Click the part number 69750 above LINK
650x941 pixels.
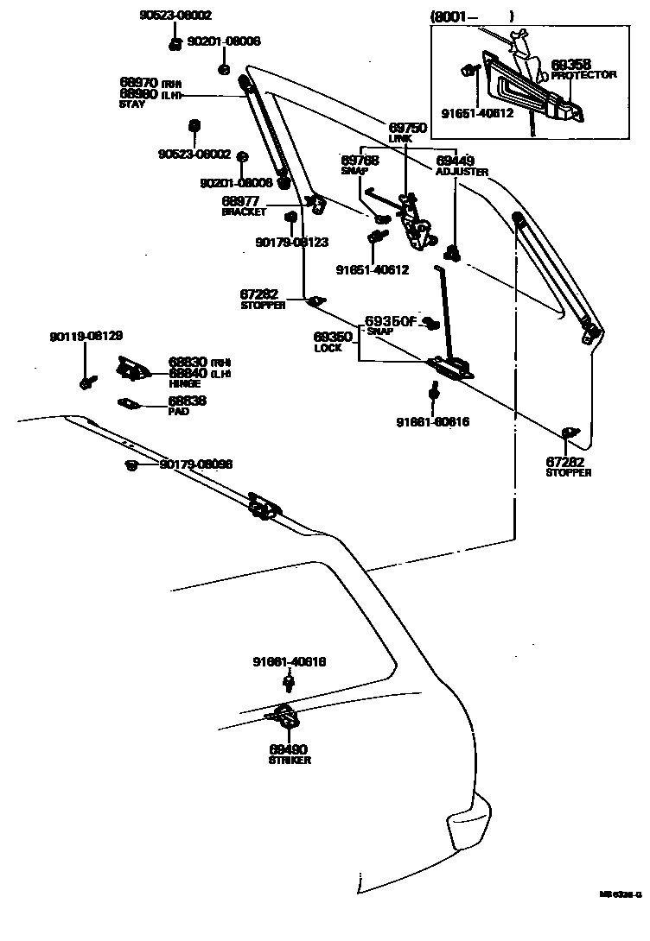pos(407,127)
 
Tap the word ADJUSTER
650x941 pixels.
pos(462,172)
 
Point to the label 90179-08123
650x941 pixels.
pos(291,243)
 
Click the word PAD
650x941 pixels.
pos(178,412)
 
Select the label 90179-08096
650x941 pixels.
pos(196,464)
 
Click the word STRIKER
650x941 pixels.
pos(289,761)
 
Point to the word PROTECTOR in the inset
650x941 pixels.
pos(583,75)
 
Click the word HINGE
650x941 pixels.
pos(184,382)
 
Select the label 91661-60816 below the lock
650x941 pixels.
pos(432,422)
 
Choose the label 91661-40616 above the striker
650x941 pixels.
pos(289,662)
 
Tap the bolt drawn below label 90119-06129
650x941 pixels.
pos(86,379)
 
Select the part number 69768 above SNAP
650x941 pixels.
pos(360,161)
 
